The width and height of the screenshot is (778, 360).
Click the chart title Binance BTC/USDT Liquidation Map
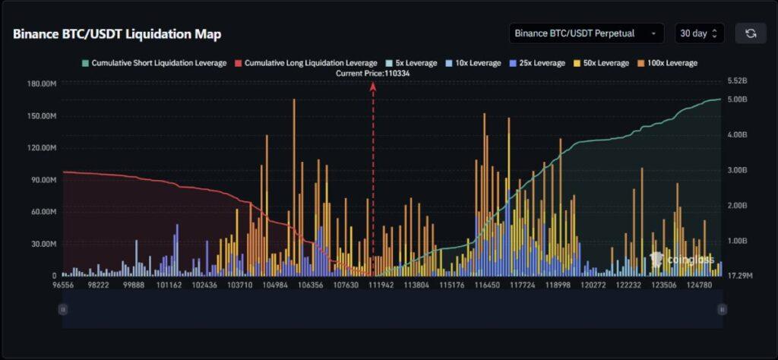(117, 34)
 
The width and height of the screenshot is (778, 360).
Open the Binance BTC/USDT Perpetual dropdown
(586, 33)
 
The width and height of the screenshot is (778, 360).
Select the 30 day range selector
(699, 33)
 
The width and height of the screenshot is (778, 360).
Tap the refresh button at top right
(751, 33)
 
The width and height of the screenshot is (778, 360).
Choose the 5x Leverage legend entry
(411, 63)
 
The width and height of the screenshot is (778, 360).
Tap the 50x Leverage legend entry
(602, 63)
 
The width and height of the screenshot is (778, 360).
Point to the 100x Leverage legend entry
(666, 63)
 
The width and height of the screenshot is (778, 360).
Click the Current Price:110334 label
(373, 73)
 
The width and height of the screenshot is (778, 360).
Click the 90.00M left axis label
(43, 180)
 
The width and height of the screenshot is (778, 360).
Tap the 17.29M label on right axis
(740, 276)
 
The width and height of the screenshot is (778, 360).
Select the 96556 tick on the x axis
(63, 286)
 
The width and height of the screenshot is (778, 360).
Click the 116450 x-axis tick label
(487, 286)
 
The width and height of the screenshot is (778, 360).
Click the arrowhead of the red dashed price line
(373, 86)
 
